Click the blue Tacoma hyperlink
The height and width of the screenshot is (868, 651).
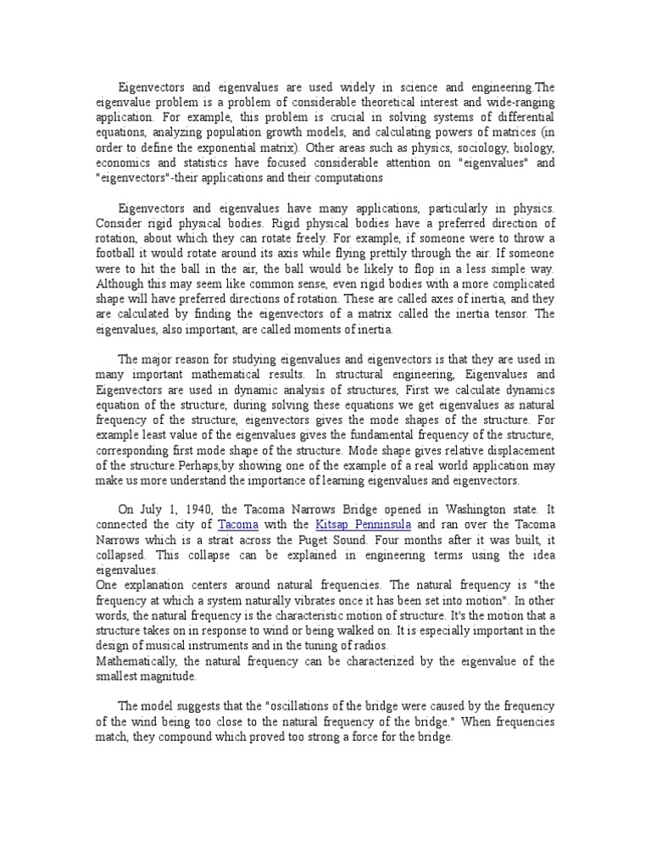pyautogui.click(x=237, y=525)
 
